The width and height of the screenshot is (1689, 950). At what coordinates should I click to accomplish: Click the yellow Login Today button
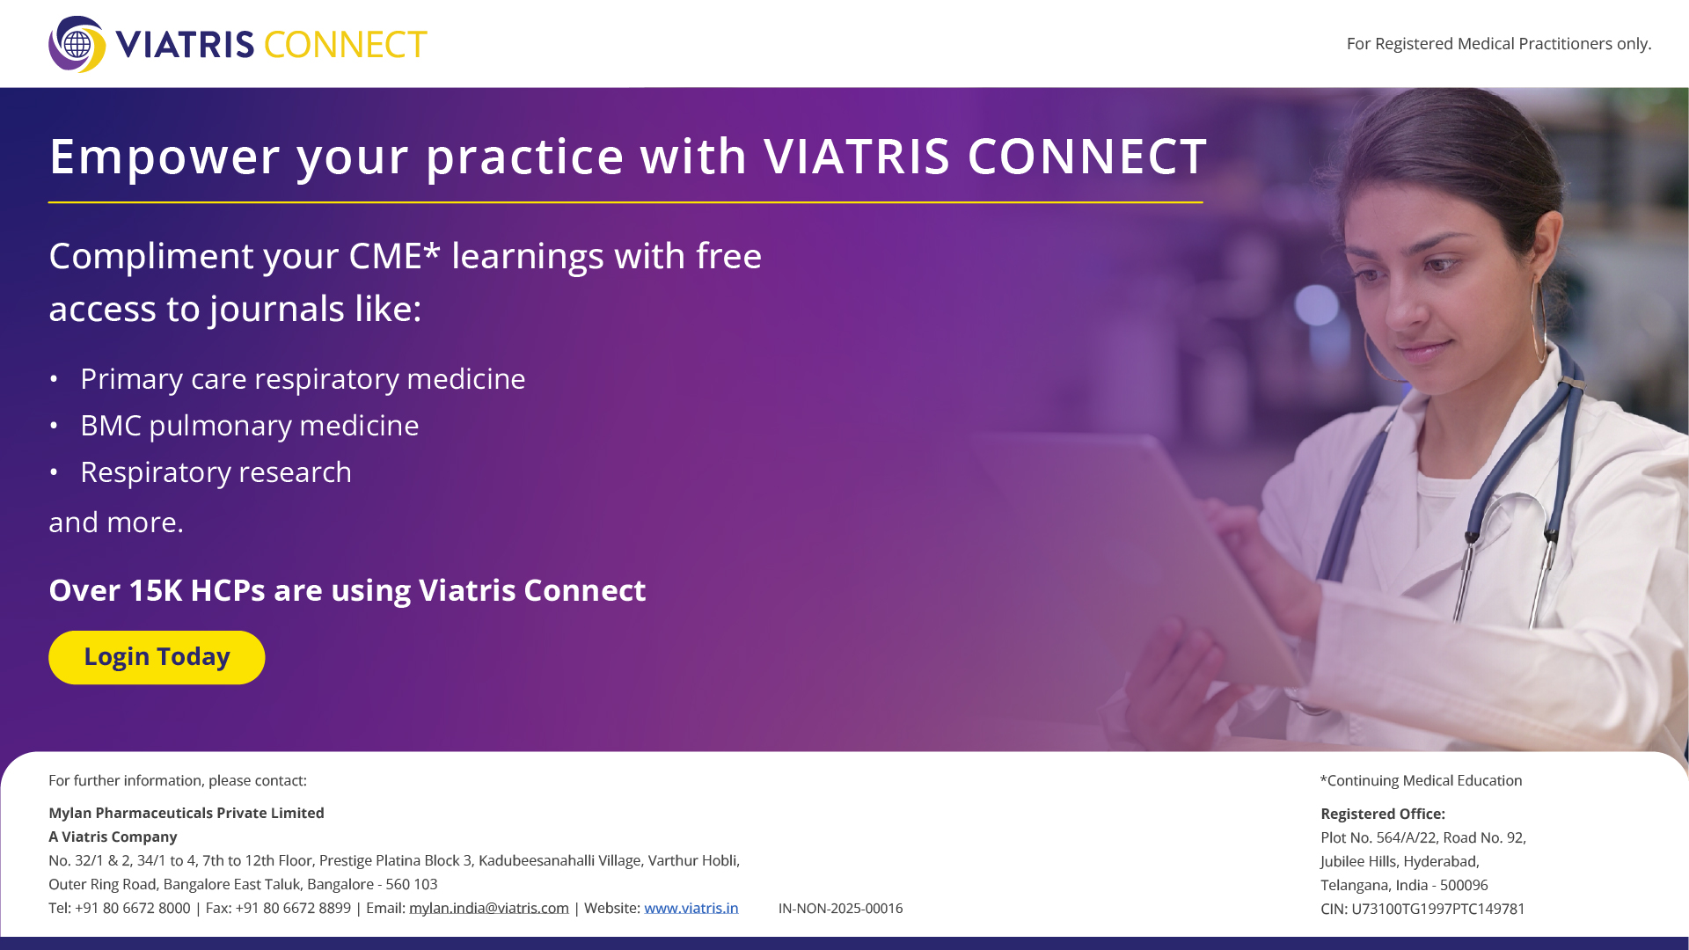point(157,657)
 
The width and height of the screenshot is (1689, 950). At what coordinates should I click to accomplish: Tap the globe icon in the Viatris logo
point(77,44)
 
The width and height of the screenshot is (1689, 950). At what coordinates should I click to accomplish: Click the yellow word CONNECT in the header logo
point(345,45)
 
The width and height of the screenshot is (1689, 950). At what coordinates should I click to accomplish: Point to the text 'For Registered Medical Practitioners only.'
point(1499,44)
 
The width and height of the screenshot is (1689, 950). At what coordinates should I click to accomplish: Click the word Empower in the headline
point(165,157)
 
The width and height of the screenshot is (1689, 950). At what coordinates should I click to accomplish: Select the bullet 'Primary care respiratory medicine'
point(303,379)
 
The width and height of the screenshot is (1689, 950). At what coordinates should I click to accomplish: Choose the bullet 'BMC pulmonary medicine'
point(250,426)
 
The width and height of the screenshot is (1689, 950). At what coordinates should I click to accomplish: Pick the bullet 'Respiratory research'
point(216,472)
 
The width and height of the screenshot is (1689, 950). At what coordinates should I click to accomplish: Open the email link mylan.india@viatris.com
point(489,908)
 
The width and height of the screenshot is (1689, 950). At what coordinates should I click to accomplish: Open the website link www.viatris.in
point(691,908)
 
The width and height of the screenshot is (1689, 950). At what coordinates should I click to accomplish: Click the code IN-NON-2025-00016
point(840,909)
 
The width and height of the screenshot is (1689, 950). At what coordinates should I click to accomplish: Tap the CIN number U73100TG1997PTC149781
point(1438,909)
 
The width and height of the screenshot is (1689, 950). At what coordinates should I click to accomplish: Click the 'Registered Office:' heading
point(1383,814)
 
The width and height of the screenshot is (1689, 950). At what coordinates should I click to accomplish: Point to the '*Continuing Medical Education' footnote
point(1421,780)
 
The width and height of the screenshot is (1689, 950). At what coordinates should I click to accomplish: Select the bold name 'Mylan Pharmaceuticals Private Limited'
point(186,813)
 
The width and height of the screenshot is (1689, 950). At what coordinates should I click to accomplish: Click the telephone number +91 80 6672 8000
point(133,908)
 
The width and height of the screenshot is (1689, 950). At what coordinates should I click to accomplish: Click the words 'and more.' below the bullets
point(116,522)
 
